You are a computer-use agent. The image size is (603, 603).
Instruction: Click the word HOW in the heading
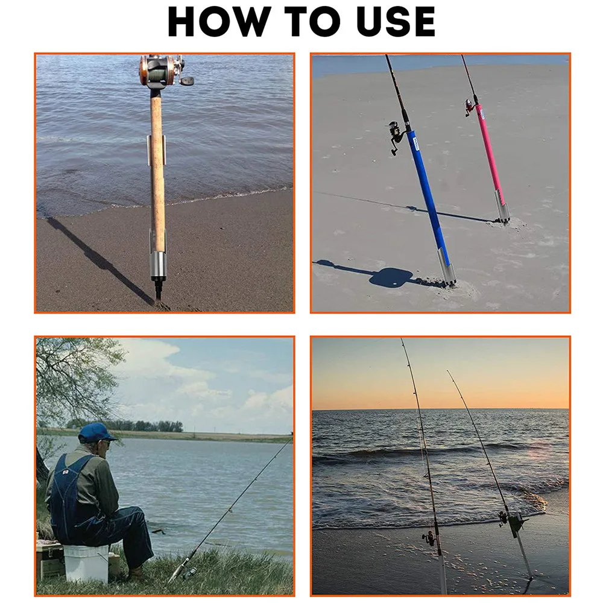(x=217, y=22)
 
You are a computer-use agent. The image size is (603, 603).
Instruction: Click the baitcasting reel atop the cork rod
(x=165, y=72)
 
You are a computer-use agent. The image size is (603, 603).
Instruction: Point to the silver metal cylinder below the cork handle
(x=157, y=266)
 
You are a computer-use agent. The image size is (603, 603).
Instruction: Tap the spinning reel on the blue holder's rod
(x=396, y=136)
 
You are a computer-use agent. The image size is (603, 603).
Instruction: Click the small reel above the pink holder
(x=470, y=108)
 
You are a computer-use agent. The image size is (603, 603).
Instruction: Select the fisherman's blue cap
(x=96, y=432)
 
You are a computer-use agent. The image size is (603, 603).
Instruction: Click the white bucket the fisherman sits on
(x=86, y=563)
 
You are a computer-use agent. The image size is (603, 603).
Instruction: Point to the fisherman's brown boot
(x=136, y=574)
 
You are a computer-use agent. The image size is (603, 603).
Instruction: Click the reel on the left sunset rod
(x=429, y=538)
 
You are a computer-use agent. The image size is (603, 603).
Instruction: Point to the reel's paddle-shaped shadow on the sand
(x=391, y=277)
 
